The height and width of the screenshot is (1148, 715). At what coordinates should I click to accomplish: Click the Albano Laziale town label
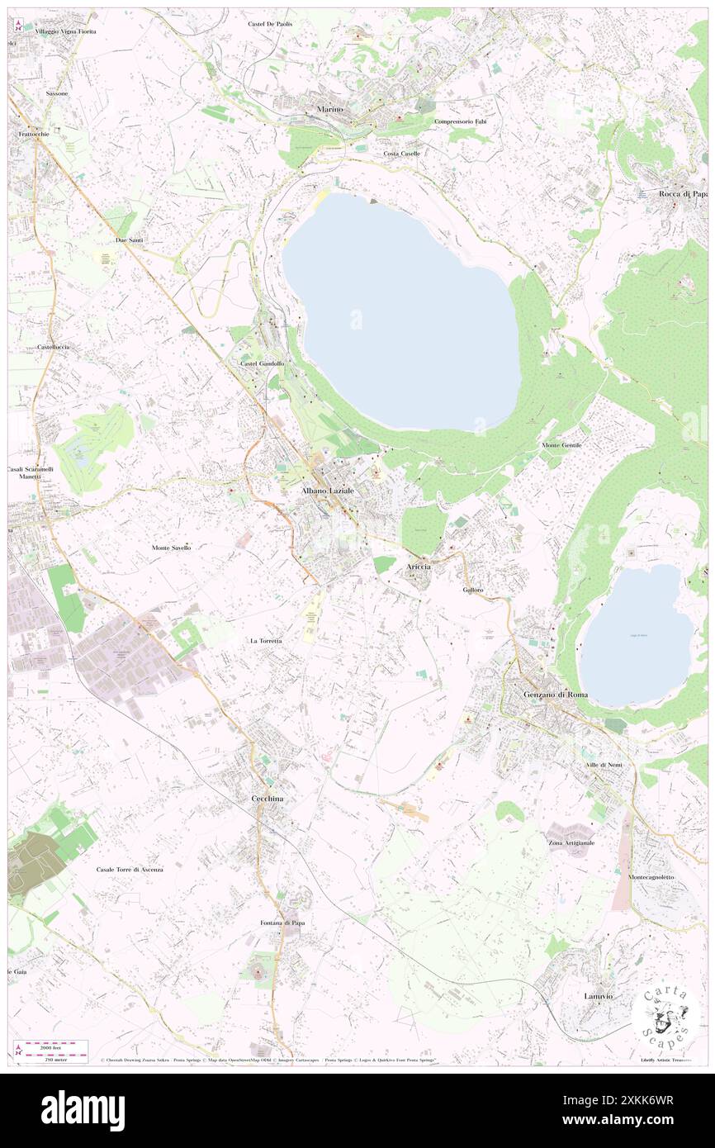point(328,491)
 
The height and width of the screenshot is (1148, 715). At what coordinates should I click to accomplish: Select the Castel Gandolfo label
point(262,363)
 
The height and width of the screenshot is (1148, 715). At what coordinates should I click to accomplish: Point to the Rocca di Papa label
point(683,195)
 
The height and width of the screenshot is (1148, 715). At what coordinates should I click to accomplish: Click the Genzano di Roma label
point(556,695)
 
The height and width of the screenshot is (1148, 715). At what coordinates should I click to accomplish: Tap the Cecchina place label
point(268,799)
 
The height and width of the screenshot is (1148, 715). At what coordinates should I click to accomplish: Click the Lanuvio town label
point(599,996)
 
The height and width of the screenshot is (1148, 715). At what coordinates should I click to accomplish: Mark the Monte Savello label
point(172,548)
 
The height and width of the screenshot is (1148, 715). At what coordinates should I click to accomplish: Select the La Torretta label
point(266,641)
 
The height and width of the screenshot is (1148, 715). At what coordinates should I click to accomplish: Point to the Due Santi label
point(130,240)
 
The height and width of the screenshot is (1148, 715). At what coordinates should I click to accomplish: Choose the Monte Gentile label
point(561,445)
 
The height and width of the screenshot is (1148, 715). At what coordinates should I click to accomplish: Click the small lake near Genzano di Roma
point(637,636)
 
